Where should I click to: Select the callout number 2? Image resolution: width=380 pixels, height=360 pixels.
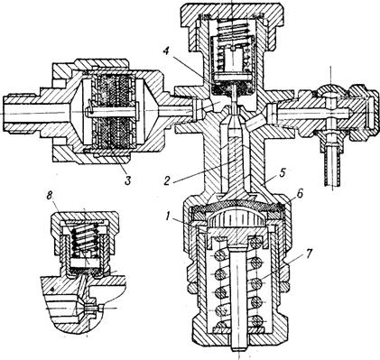coord(169,180)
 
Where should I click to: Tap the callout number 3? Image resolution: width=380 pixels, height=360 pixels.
coord(128,181)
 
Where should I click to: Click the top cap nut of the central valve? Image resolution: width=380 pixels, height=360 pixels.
coord(231,18)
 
